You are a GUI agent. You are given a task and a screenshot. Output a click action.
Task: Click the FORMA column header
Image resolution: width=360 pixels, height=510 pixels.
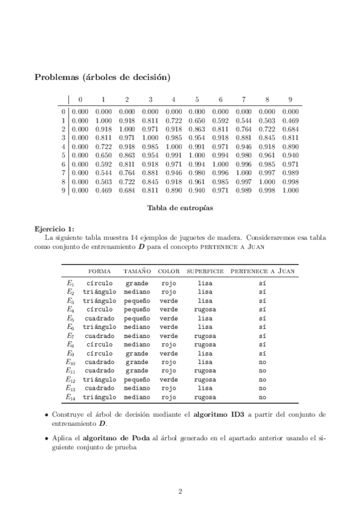[100, 271]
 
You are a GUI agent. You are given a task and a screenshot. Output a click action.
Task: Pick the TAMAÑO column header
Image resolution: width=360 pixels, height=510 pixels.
[137, 271]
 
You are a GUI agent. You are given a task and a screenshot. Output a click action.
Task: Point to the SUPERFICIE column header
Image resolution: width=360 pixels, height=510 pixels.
[205, 271]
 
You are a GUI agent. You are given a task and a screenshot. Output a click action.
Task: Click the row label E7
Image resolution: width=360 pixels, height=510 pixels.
[70, 336]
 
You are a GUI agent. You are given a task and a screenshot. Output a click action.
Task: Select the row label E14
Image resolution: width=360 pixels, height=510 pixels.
[71, 397]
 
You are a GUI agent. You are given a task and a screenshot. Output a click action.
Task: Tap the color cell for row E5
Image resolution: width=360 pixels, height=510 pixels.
[169, 318]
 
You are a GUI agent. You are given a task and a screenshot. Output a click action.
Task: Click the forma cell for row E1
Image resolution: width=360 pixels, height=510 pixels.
[100, 283]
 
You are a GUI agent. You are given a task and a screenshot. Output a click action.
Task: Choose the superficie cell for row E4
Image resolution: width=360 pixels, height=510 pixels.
[205, 309]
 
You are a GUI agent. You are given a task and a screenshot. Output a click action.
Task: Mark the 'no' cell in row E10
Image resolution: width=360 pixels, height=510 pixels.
[263, 362]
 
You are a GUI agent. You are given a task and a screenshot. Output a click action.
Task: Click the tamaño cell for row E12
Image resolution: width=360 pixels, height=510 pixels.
[137, 379]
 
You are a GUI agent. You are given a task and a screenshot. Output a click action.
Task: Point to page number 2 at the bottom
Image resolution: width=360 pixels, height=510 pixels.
[180, 491]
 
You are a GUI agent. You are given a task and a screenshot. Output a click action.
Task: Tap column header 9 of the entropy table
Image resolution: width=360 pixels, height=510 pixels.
[290, 99]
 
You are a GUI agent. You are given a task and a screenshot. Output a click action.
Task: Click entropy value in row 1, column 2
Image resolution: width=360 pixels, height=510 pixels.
[127, 120]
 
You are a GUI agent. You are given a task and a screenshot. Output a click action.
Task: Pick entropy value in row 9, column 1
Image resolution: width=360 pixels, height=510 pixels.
[103, 191]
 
